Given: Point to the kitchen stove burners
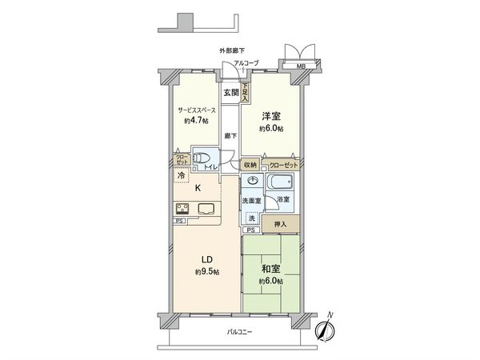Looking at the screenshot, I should [x=181, y=210].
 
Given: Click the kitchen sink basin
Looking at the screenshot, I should [x=206, y=210].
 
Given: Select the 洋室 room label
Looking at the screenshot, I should [x=271, y=116].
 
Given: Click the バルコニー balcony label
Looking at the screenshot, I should [x=239, y=332].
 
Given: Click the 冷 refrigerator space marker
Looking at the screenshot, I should [x=182, y=174].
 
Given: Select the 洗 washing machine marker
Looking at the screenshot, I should [x=252, y=218].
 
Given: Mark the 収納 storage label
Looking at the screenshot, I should [x=250, y=165].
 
